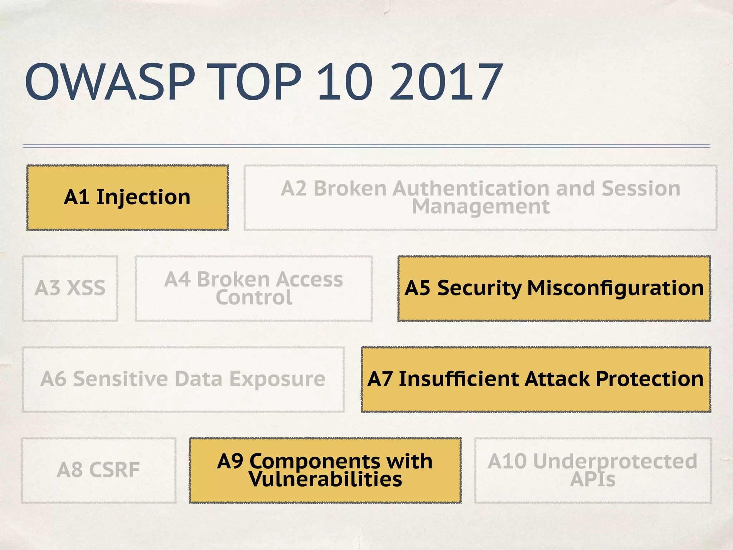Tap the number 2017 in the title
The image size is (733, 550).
point(446,82)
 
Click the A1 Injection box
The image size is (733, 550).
point(127,197)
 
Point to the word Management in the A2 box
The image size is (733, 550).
point(480,207)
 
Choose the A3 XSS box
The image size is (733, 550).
point(70,288)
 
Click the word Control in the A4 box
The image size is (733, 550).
point(254,298)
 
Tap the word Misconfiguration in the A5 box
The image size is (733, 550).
point(615,288)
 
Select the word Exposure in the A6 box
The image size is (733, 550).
point(277,379)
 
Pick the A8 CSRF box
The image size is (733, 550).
point(98,470)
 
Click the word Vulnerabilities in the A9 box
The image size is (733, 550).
point(325,479)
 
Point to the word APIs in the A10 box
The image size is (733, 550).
point(593,479)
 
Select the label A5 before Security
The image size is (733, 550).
point(417,288)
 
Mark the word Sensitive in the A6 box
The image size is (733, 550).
point(120,379)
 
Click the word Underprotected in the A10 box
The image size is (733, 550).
point(615,461)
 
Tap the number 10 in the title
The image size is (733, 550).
point(345,82)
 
